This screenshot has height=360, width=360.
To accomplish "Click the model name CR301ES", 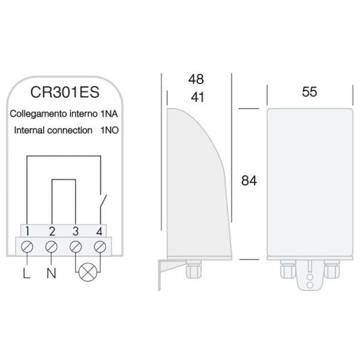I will [66, 92].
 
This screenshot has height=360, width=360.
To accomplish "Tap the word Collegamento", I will [41, 114].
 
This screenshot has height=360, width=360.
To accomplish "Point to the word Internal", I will [30, 130].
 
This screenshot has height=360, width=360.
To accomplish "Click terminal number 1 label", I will [28, 231].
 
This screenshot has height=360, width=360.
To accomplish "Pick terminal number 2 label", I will [51, 231].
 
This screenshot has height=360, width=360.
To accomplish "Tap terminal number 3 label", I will [76, 231].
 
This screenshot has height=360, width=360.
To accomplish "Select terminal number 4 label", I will [100, 231].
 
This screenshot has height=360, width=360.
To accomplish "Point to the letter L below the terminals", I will [26, 274].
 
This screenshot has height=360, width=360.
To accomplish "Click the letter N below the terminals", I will [51, 274].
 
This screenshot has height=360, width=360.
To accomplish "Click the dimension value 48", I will [195, 79].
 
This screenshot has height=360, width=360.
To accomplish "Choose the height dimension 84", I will [250, 182].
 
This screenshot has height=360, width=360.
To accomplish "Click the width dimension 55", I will [309, 93].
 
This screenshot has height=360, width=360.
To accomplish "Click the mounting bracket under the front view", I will [310, 278].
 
